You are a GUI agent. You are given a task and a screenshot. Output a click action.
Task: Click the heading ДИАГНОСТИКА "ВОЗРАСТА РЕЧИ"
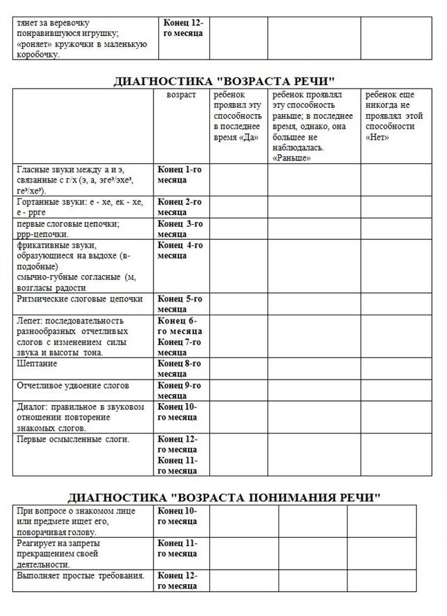pos(223,82)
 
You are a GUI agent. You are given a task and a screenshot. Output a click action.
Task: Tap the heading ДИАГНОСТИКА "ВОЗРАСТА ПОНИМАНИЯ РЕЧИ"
pos(223,497)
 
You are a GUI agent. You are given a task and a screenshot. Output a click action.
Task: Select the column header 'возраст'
pos(182,95)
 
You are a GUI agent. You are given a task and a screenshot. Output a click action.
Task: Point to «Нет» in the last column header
pos(377,137)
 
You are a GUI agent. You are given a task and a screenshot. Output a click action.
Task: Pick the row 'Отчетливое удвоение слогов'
pos(73,385)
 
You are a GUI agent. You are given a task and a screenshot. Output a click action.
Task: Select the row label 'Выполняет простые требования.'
pos(79,575)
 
